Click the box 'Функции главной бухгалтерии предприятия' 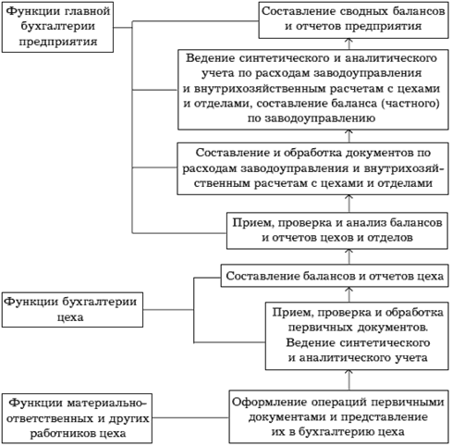click(57, 27)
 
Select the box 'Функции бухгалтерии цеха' click(72, 309)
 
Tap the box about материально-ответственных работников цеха click(77, 418)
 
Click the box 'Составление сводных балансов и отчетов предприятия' click(353, 20)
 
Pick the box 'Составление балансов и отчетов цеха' click(335, 276)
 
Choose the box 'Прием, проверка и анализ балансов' click(337, 230)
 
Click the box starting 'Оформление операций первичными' click(338, 416)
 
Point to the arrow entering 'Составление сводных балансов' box click(349, 43)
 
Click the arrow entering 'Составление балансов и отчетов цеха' click(349, 294)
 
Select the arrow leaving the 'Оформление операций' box click(349, 380)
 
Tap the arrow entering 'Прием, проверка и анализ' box click(349, 256)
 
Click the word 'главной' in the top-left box click(88, 11)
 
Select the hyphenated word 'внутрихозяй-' click(404, 168)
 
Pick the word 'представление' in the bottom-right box click(385, 417)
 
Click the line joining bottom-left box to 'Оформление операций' click(190, 418)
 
